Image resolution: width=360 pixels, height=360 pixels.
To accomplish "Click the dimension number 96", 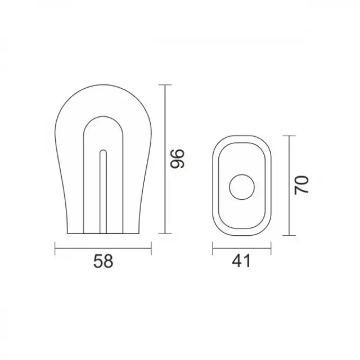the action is [x=178, y=159].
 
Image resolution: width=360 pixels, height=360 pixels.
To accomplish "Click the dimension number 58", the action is [x=103, y=261].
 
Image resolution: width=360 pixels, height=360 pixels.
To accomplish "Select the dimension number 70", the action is [x=301, y=185].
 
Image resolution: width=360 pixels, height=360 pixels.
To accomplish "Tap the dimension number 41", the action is [x=241, y=261].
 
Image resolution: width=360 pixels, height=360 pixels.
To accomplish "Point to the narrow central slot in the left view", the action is [x=103, y=192].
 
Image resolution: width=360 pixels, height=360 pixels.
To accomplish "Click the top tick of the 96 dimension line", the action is [x=165, y=85].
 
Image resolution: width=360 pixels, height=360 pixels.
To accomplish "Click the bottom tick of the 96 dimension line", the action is [x=165, y=233].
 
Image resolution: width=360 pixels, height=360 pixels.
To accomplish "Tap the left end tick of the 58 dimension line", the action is [x=55, y=248].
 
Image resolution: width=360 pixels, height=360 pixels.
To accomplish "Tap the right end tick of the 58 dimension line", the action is [x=151, y=248].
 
